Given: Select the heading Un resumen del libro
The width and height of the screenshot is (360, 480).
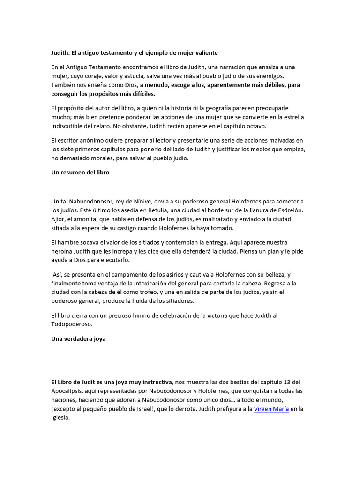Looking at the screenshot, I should tap(80, 172).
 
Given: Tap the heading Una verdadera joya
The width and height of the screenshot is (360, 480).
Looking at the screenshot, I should tap(78, 338).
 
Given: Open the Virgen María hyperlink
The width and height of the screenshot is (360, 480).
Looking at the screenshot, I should tap(271, 409).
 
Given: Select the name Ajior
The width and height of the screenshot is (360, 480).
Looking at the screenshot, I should tap(59, 219).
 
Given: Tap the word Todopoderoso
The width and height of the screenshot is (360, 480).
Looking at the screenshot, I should tap(72, 324).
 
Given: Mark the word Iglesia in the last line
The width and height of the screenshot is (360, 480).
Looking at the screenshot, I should tap(61, 418).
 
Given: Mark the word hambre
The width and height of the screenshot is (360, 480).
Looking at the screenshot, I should tap(68, 242).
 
